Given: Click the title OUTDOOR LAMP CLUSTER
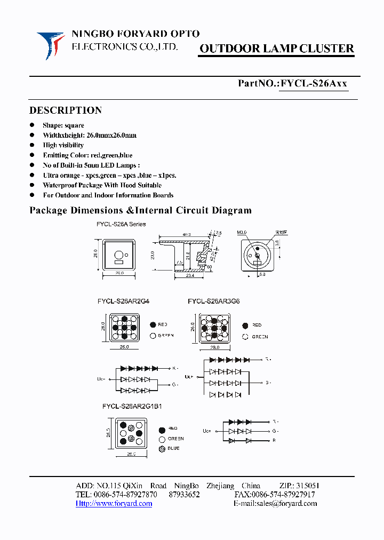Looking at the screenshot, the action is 276,49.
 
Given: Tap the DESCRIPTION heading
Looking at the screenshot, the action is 65,110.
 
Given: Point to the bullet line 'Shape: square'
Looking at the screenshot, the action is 63,125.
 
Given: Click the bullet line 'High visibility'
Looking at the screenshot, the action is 63,145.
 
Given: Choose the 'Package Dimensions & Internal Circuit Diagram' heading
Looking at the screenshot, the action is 140,210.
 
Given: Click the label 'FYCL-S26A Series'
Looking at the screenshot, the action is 121,224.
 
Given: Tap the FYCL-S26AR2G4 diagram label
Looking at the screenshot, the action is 123,301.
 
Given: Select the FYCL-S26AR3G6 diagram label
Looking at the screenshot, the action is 213,301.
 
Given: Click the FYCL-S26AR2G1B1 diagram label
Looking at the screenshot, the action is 132,406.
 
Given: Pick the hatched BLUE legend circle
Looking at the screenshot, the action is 161,448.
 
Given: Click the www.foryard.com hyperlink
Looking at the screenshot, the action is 114,503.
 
